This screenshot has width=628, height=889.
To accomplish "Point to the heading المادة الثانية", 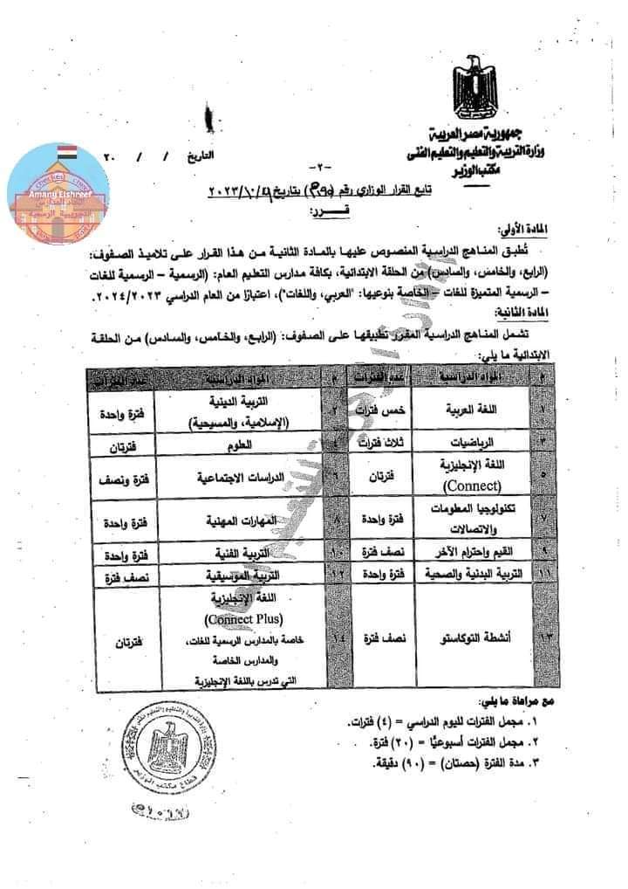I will coord(515,310).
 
